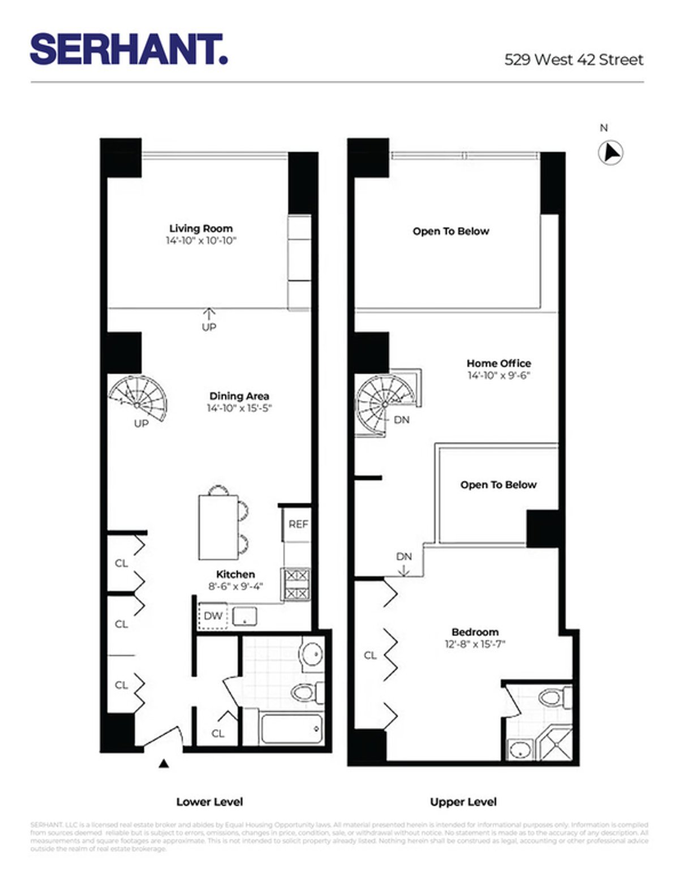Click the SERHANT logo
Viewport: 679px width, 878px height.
(x=129, y=49)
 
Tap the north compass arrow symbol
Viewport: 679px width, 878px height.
(x=611, y=153)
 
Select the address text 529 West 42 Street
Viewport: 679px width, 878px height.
(x=574, y=59)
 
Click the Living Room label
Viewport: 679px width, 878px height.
(x=201, y=229)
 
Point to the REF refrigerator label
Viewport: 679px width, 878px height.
(x=298, y=524)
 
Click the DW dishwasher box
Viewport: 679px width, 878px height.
(x=213, y=616)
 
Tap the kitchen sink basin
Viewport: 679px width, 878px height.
(x=244, y=616)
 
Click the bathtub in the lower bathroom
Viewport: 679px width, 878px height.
(x=291, y=727)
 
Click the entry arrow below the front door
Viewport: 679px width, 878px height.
(x=164, y=764)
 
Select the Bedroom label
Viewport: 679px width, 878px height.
(x=475, y=632)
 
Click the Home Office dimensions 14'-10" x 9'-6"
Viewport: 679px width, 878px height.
(x=498, y=375)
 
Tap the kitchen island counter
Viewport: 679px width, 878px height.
(x=218, y=526)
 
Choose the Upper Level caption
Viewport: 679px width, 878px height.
(x=463, y=802)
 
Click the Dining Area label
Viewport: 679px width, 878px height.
(x=239, y=396)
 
